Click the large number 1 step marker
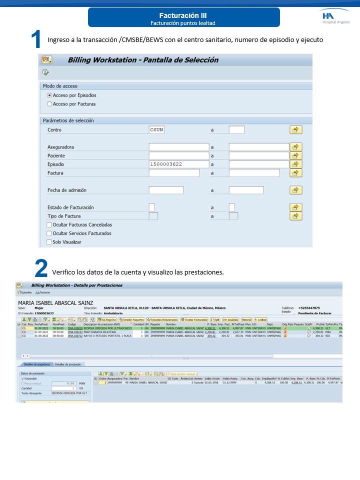pyautogui.click(x=36, y=39)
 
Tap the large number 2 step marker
pyautogui.click(x=41, y=268)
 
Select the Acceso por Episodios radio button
pyautogui.click(x=49, y=95)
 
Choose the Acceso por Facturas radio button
pyautogui.click(x=49, y=104)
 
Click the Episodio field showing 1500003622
pyautogui.click(x=178, y=164)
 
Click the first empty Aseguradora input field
pyautogui.click(x=178, y=147)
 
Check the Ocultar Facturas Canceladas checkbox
pyautogui.click(x=49, y=224)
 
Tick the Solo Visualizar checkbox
pyautogui.click(x=49, y=242)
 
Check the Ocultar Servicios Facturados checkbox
pyautogui.click(x=49, y=233)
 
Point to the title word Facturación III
pyautogui.click(x=183, y=16)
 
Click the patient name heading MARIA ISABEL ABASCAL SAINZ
pyautogui.click(x=55, y=303)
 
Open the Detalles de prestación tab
pyautogui.click(x=69, y=364)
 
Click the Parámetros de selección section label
pyautogui.click(x=68, y=120)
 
